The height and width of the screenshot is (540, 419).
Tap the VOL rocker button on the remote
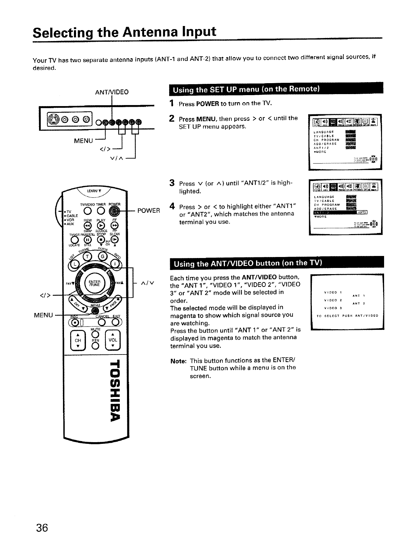(113, 340)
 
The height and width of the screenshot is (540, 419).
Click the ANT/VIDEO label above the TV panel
(112, 92)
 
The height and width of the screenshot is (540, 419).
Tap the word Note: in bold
(178, 361)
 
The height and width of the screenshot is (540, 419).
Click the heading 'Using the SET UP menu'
(246, 90)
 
